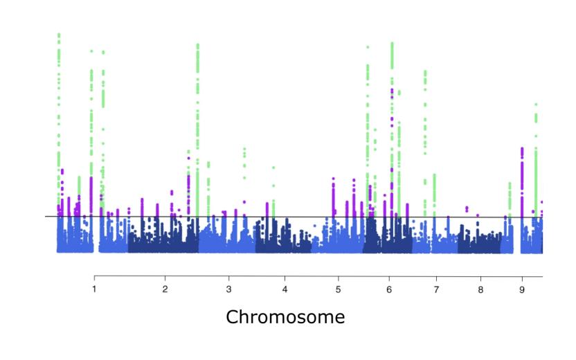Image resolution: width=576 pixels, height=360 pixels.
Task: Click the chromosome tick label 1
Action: pos(94,288)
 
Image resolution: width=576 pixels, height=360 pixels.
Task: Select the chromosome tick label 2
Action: pos(165,288)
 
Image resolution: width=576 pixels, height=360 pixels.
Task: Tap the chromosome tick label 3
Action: pos(228,288)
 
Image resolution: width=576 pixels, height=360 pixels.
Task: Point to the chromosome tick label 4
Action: pos(284,288)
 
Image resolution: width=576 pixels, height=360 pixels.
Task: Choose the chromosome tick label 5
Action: pos(338,288)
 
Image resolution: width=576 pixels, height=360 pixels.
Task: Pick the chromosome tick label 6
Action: pos(389,288)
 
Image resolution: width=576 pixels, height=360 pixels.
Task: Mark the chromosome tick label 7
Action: pos(436,288)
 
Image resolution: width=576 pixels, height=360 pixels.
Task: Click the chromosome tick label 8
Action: pos(480,288)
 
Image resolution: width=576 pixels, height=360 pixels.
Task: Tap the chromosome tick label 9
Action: pos(522,288)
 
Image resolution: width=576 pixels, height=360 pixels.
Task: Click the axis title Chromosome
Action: pos(285,317)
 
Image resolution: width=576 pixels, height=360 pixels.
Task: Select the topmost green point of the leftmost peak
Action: pos(59,34)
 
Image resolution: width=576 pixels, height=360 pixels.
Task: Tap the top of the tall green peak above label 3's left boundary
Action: pos(198,45)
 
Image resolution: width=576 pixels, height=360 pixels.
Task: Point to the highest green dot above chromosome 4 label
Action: pos(273,168)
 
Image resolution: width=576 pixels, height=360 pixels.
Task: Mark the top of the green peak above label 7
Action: pos(425,71)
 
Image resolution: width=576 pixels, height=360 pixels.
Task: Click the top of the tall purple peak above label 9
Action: pos(522,148)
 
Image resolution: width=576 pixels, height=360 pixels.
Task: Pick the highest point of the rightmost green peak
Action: pos(536,105)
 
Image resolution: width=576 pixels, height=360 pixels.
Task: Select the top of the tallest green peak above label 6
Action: pos(392,43)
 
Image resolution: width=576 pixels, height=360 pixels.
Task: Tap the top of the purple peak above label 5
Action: pos(334,179)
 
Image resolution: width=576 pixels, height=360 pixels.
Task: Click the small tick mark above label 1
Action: pos(94,278)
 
